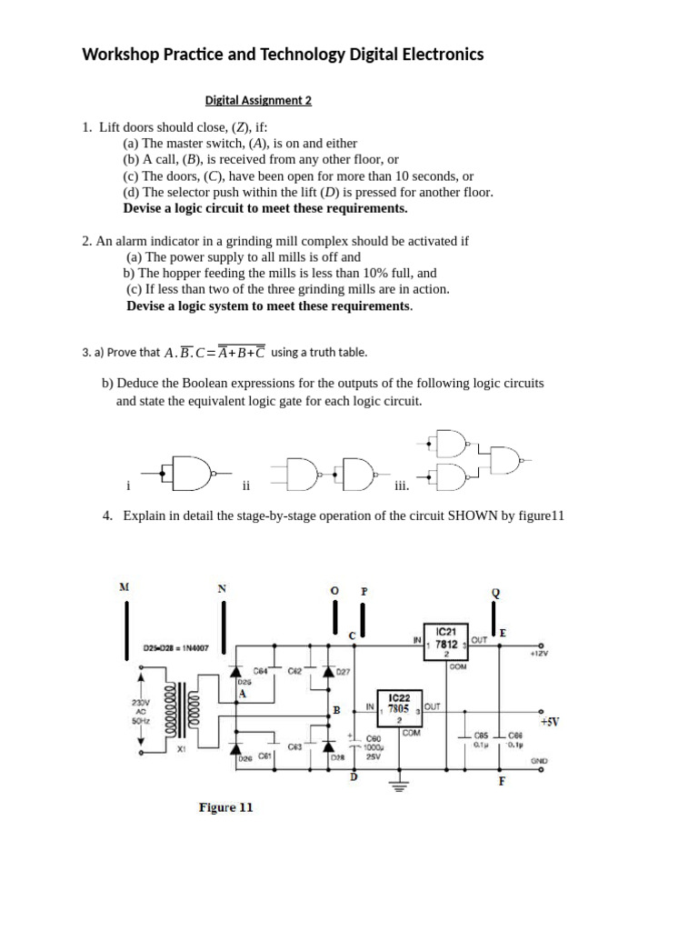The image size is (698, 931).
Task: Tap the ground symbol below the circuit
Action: pyautogui.click(x=397, y=786)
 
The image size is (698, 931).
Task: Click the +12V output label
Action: pyautogui.click(x=542, y=652)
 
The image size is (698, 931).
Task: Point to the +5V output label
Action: pyautogui.click(x=549, y=721)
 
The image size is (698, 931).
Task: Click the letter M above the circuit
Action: pyautogui.click(x=124, y=587)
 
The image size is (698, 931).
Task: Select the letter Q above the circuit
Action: pyautogui.click(x=495, y=593)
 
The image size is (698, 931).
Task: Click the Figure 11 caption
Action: pyautogui.click(x=225, y=806)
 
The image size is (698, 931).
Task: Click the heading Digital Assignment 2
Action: pyautogui.click(x=258, y=101)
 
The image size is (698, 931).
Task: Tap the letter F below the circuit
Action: pyautogui.click(x=501, y=781)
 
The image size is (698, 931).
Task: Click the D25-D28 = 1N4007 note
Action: pyautogui.click(x=176, y=648)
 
